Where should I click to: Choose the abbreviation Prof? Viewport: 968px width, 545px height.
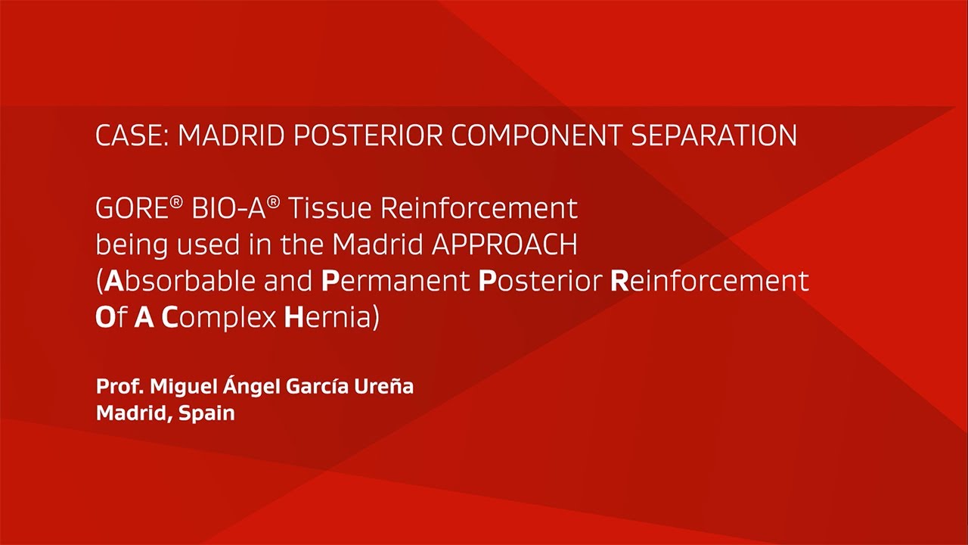119,387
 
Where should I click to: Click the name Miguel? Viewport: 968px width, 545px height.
182,387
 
